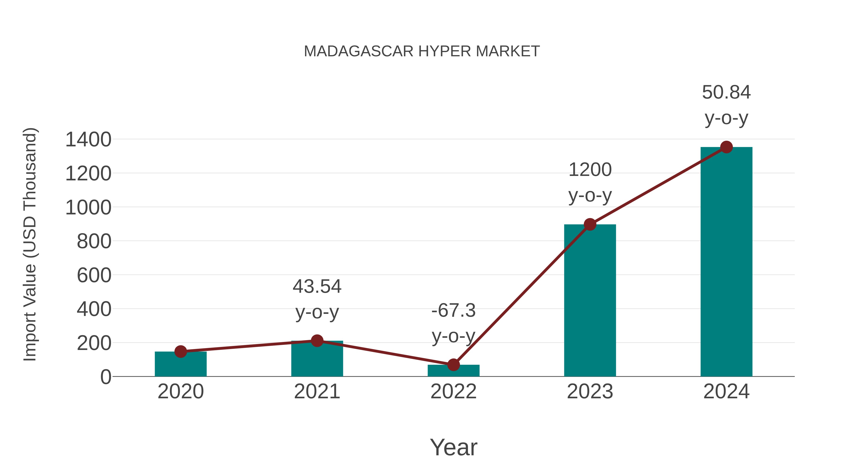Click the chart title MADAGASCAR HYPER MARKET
[x=422, y=51]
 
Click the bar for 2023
[x=590, y=302]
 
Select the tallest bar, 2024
[x=726, y=262]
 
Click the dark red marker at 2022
[x=453, y=365]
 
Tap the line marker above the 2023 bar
[x=590, y=224]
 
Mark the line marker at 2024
[x=726, y=147]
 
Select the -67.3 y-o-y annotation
[x=453, y=323]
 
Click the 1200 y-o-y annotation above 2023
[x=590, y=182]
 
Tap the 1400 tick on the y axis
[x=88, y=140]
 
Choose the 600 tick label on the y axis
[x=94, y=275]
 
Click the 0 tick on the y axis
[x=105, y=377]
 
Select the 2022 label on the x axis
[x=453, y=392]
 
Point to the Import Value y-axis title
[x=30, y=244]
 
